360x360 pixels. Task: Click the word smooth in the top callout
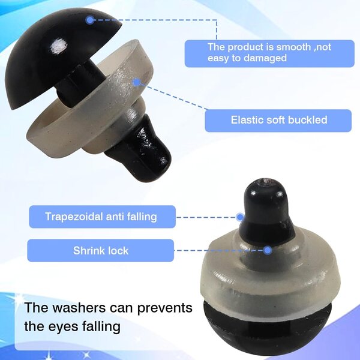click(x=293, y=47)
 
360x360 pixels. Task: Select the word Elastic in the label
click(x=245, y=120)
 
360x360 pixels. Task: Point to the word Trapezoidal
click(x=73, y=217)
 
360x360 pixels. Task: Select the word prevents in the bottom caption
click(x=165, y=309)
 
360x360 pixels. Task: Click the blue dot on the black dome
click(x=90, y=20)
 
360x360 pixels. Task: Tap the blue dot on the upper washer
click(x=136, y=82)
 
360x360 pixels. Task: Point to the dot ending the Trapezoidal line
click(x=241, y=217)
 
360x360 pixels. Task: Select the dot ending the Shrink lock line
click(x=268, y=250)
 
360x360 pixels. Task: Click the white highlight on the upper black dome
click(x=59, y=46)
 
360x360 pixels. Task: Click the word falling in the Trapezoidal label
click(x=142, y=217)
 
